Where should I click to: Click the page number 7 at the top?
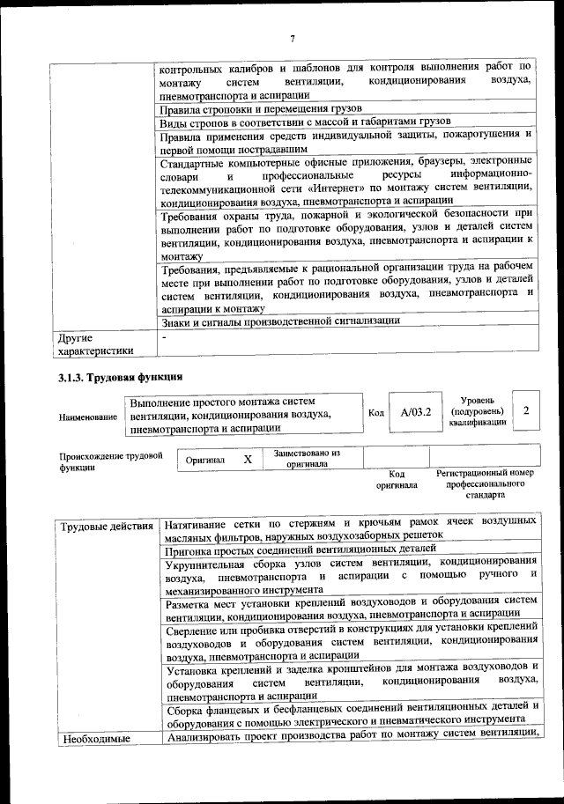coord(291,37)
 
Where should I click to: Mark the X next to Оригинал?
coord(248,459)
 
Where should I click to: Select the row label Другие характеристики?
coord(93,344)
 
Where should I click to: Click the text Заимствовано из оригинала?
coord(307,458)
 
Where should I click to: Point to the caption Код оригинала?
coord(396,479)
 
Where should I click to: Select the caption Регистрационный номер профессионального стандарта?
coord(485,484)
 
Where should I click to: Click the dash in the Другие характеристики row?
coord(163,337)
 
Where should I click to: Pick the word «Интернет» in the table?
coord(323,188)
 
